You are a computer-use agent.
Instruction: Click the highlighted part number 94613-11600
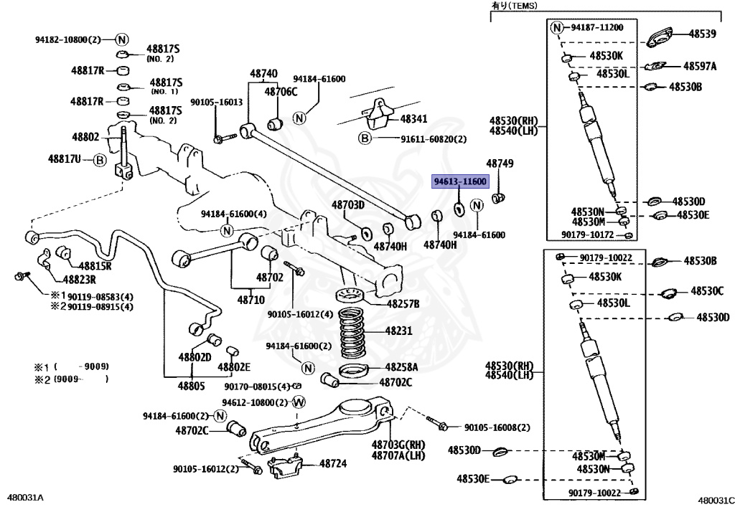click(x=459, y=182)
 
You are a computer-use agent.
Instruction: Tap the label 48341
click(x=413, y=120)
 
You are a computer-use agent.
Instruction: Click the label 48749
click(x=500, y=164)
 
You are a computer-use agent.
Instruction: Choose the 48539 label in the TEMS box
click(x=703, y=34)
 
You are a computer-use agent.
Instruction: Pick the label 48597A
click(x=700, y=66)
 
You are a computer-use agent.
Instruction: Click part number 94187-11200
click(x=597, y=27)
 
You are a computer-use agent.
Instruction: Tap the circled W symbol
click(x=299, y=402)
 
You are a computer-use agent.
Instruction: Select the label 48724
click(x=332, y=464)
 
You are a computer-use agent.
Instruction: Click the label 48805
click(x=192, y=386)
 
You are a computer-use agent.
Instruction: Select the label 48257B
click(x=403, y=304)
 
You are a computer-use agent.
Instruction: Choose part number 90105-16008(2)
click(x=492, y=427)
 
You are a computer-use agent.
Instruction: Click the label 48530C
click(x=708, y=291)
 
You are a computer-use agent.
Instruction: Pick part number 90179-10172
click(x=589, y=234)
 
